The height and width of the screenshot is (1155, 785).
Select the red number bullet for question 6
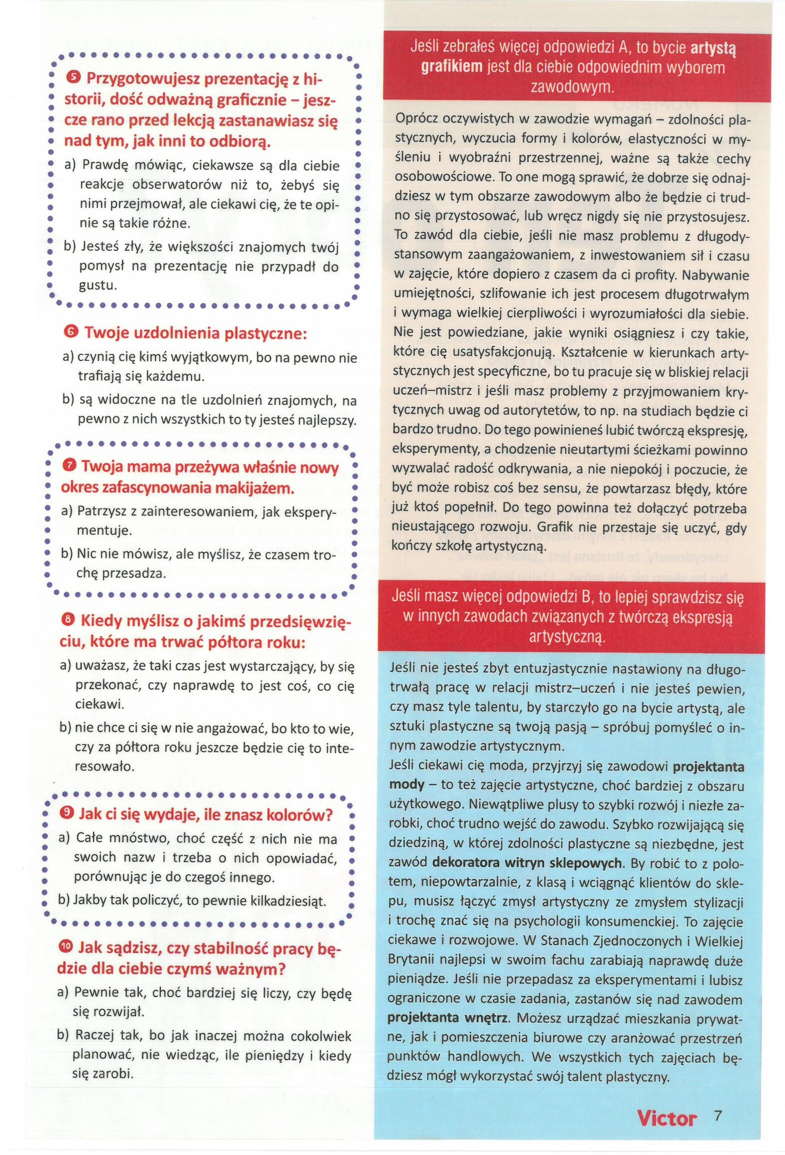(x=71, y=331)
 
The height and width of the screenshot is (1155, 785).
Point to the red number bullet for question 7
(x=69, y=465)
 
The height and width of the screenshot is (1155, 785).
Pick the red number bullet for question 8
(x=68, y=620)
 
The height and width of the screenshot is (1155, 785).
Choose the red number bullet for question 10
(x=65, y=947)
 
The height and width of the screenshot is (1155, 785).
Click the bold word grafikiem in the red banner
(x=451, y=66)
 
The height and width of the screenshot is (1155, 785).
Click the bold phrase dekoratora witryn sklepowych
(x=527, y=863)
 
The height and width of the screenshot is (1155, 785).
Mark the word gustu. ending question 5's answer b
(x=98, y=285)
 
